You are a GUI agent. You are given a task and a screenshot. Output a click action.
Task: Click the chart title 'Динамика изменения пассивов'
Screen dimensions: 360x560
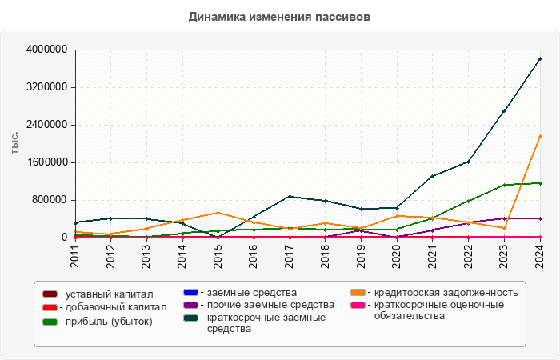point(279,16)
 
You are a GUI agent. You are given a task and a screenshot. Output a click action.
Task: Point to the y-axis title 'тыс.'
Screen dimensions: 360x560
point(14,143)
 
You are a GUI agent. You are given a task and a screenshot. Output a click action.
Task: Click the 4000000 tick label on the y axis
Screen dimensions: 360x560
point(47,50)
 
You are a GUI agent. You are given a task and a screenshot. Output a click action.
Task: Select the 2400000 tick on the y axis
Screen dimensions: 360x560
point(47,125)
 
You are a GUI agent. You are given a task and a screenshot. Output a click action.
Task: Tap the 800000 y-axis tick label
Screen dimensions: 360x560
point(50,200)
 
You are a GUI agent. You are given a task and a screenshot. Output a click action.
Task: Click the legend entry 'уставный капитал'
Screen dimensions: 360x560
point(109,295)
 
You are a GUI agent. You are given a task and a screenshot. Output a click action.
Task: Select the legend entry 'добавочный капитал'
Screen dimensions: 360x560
point(113,307)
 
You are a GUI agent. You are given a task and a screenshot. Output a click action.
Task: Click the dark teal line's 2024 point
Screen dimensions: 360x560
point(540,58)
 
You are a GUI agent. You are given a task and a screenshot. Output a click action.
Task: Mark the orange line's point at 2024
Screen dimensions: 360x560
point(540,137)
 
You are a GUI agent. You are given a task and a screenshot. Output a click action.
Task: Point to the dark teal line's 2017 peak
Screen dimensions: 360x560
point(290,196)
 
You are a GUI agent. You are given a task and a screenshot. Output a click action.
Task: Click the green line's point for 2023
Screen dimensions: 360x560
point(504,185)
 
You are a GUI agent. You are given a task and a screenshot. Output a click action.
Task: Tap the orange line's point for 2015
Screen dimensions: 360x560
point(218,213)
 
